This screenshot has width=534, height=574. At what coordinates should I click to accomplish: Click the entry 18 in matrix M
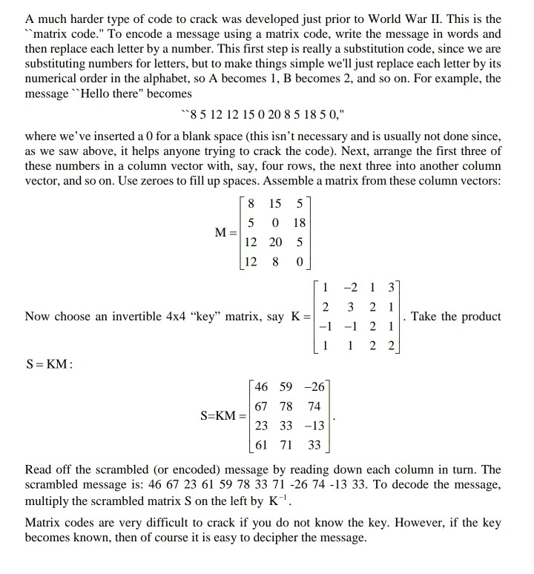[x=299, y=223]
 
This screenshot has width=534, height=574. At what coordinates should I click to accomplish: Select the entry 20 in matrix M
[x=276, y=242]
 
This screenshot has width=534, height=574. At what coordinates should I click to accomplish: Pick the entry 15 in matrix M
[x=276, y=204]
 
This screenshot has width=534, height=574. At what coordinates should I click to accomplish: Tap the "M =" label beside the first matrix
[x=225, y=231]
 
